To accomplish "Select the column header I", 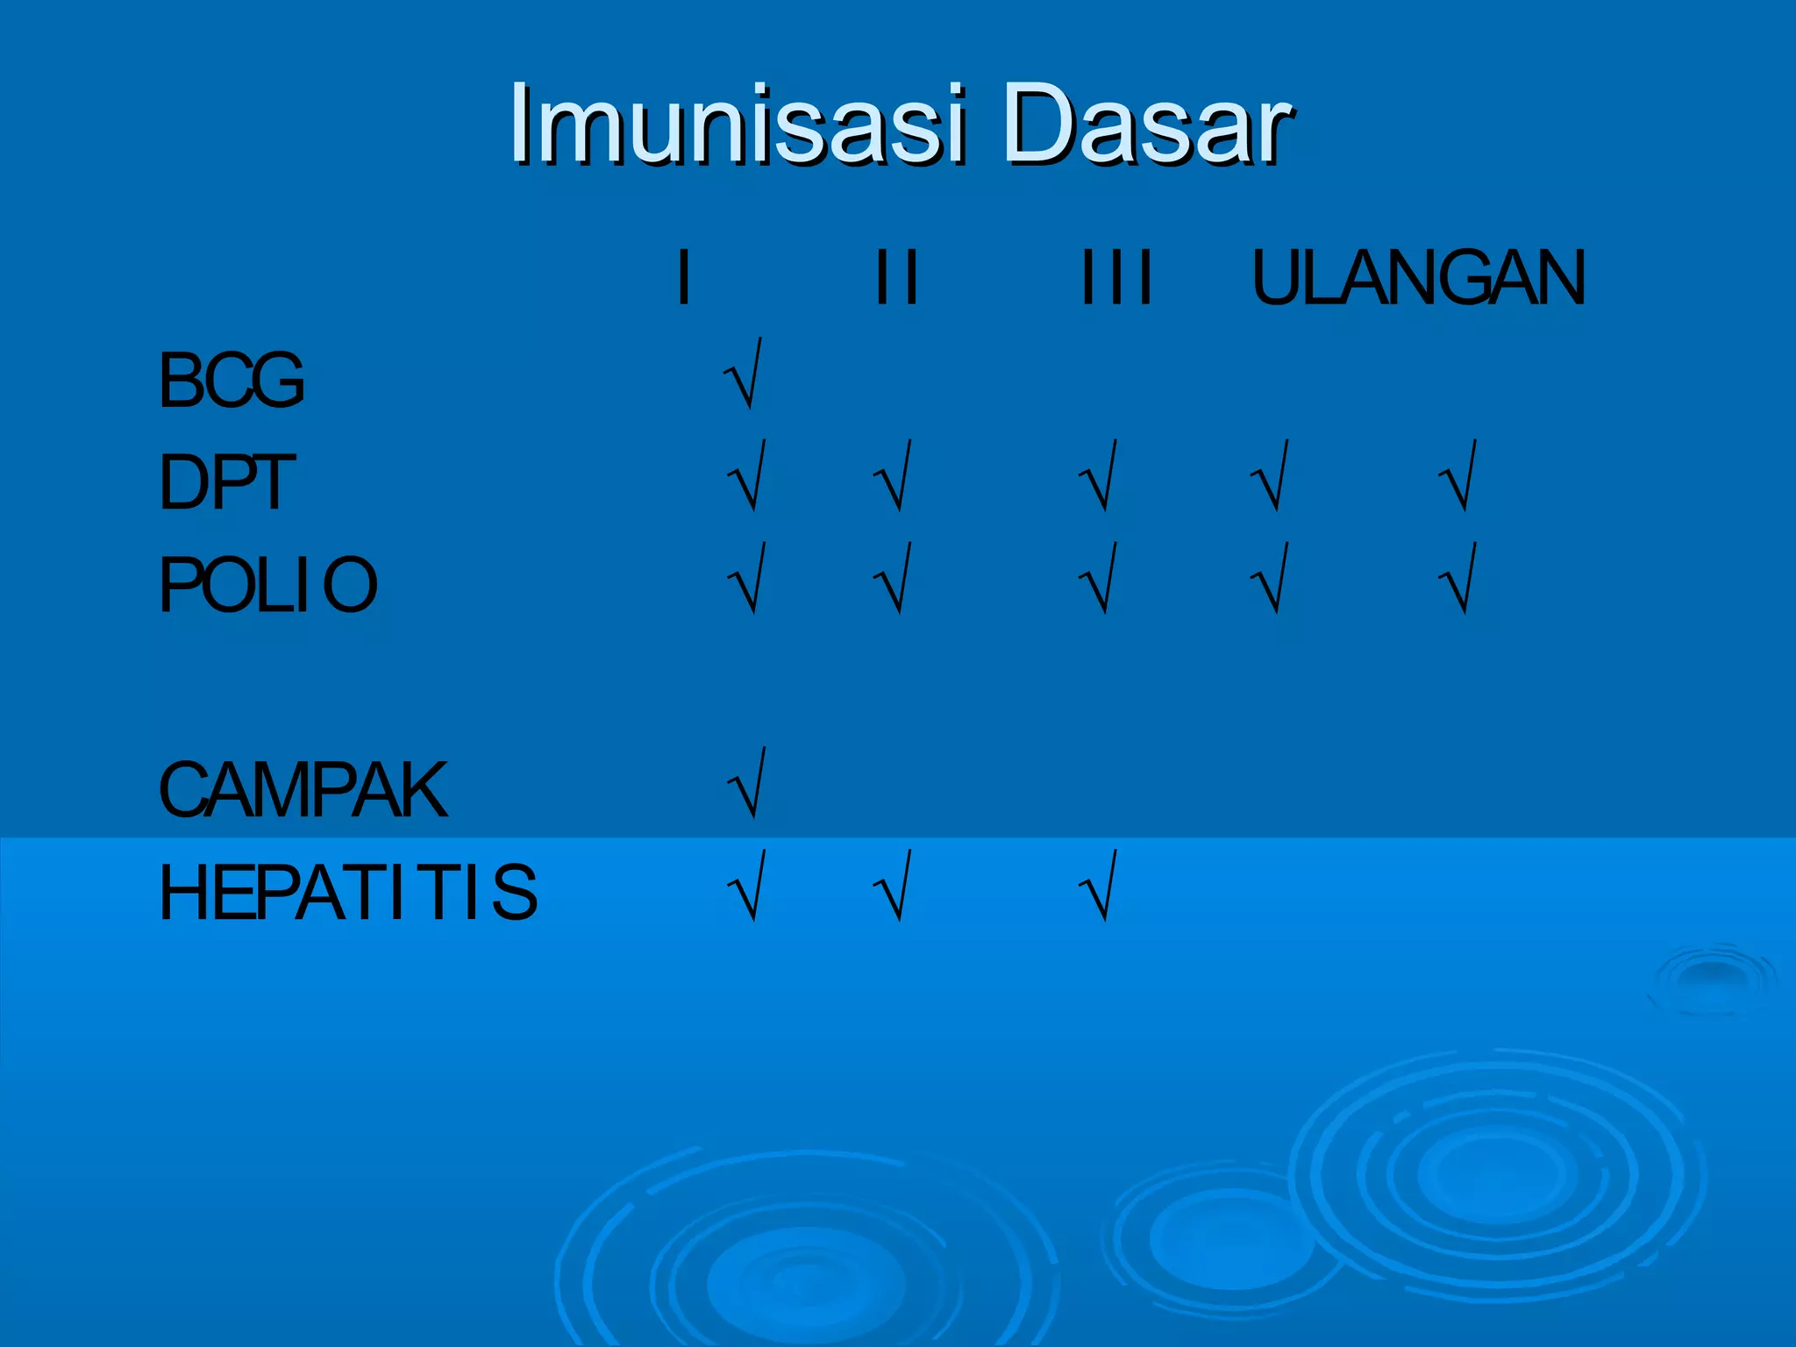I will [x=684, y=277].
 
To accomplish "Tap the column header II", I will [x=896, y=277].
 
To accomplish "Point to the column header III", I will [x=1115, y=277].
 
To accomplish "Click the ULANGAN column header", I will [x=1418, y=277].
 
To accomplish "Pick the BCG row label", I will [x=232, y=380].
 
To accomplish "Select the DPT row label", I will [x=226, y=481].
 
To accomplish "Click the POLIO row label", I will [x=267, y=584].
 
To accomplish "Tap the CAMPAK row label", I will [x=303, y=789].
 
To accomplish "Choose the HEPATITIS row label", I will [x=347, y=892].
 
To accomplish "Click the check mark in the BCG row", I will [x=744, y=374].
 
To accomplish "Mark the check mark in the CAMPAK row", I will [x=748, y=783].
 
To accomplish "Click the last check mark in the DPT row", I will [x=1458, y=476].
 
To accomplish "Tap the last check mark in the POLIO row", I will [x=1458, y=579].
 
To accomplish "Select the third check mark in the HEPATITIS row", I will [x=1099, y=886].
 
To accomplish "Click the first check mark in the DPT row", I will [x=748, y=476].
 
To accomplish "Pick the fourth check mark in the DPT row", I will [x=1271, y=476].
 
